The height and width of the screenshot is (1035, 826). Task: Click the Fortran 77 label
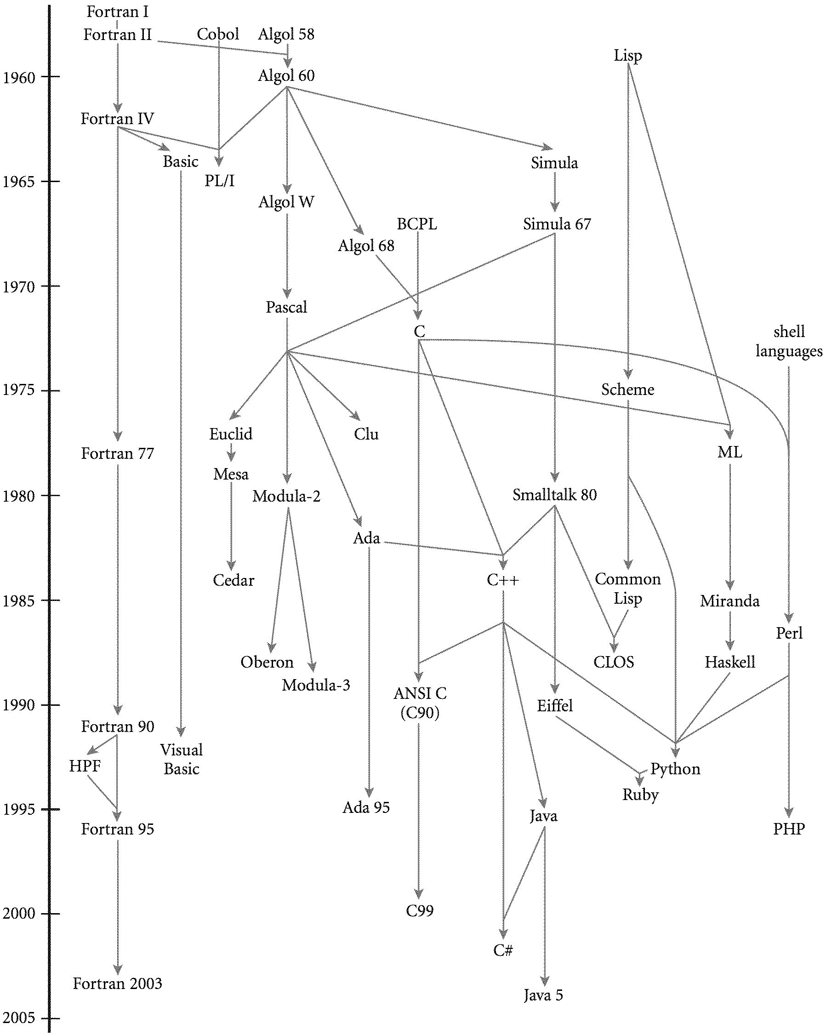(117, 453)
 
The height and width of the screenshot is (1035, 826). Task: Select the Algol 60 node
(286, 76)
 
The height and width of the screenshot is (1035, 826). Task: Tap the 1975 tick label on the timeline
(19, 390)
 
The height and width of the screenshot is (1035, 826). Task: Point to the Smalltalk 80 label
(554, 494)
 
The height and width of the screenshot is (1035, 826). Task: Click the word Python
(675, 769)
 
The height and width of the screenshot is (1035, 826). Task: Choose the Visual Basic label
(182, 759)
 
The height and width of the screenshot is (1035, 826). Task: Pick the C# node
(502, 949)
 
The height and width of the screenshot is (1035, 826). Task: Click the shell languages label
(789, 341)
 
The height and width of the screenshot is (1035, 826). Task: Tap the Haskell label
(729, 662)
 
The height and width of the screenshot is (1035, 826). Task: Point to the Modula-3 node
(316, 685)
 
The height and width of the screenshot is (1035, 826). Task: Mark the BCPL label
(416, 224)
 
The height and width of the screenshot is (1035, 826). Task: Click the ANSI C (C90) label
(420, 703)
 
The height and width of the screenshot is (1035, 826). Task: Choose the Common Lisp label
(627, 589)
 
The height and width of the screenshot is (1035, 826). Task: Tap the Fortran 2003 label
(117, 983)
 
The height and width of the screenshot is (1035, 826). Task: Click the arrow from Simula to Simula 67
(555, 192)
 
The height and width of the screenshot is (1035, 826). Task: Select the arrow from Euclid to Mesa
(231, 453)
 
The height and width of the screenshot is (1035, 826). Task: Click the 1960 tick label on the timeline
(19, 77)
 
